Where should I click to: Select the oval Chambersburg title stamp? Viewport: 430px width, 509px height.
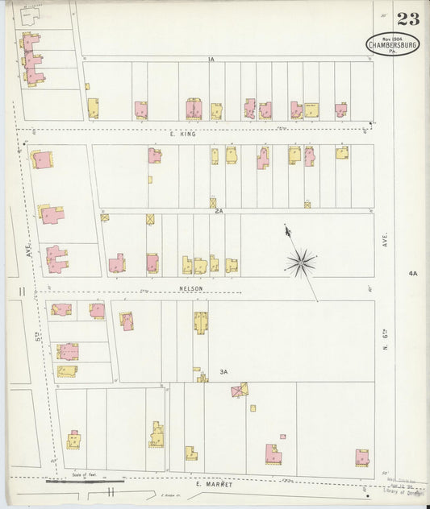point(392,44)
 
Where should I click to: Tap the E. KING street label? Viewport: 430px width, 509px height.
point(187,134)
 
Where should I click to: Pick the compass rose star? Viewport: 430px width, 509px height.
point(301,261)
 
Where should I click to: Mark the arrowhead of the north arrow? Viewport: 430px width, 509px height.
point(286,230)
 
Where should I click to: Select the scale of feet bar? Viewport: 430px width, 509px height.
point(85,481)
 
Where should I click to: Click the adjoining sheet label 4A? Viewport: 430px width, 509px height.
point(413,274)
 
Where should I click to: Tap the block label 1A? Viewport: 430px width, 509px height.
point(211,60)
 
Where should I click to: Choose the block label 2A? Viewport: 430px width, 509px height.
point(219,211)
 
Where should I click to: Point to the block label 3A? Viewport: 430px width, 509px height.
point(224,371)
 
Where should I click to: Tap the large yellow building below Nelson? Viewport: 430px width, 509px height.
point(200,322)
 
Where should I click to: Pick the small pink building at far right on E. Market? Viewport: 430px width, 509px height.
point(362,457)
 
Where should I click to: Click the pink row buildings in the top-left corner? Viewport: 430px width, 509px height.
point(32,60)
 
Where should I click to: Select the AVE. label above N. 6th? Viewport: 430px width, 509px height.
point(386,239)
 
